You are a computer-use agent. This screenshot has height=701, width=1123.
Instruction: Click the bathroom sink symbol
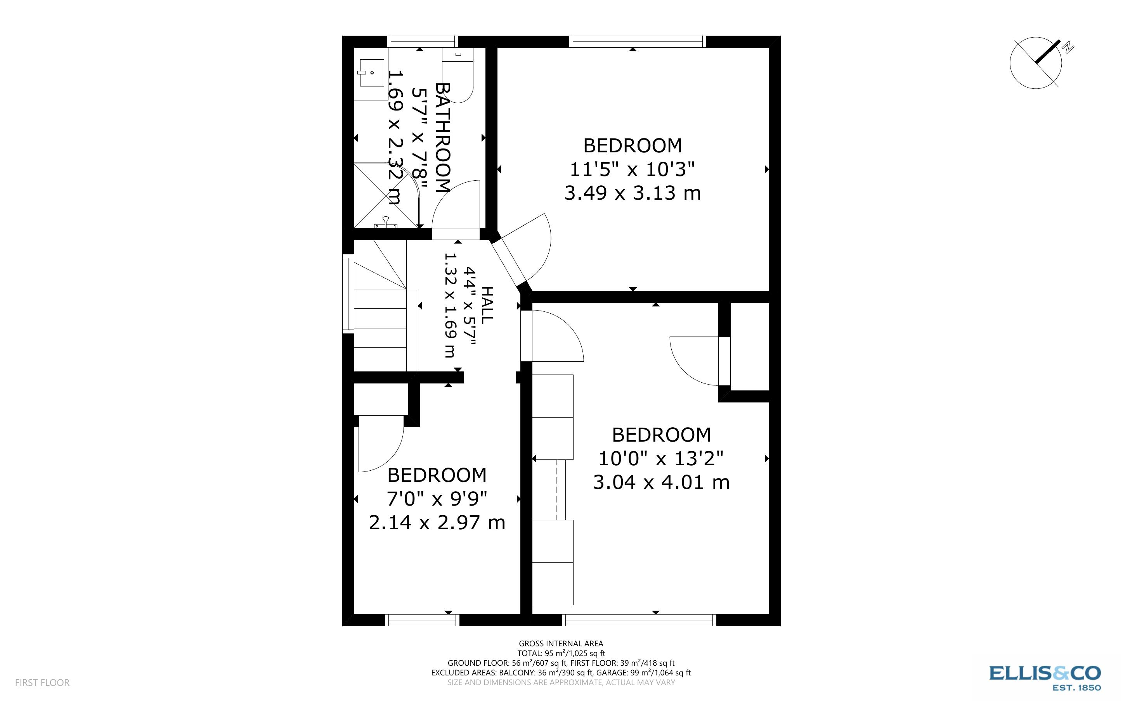(x=371, y=73)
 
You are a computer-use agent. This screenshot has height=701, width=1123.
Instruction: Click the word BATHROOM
(x=443, y=138)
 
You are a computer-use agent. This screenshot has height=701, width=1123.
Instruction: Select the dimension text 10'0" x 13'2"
(x=661, y=459)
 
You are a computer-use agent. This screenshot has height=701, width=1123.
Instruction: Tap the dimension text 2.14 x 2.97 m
(x=437, y=523)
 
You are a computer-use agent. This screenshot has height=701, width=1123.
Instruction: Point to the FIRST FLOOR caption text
(x=42, y=682)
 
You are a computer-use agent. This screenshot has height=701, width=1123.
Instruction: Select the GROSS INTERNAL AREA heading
(x=561, y=644)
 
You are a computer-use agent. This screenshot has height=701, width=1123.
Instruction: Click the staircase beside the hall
(x=380, y=320)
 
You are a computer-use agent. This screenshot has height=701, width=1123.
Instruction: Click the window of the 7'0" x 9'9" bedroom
(x=423, y=620)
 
